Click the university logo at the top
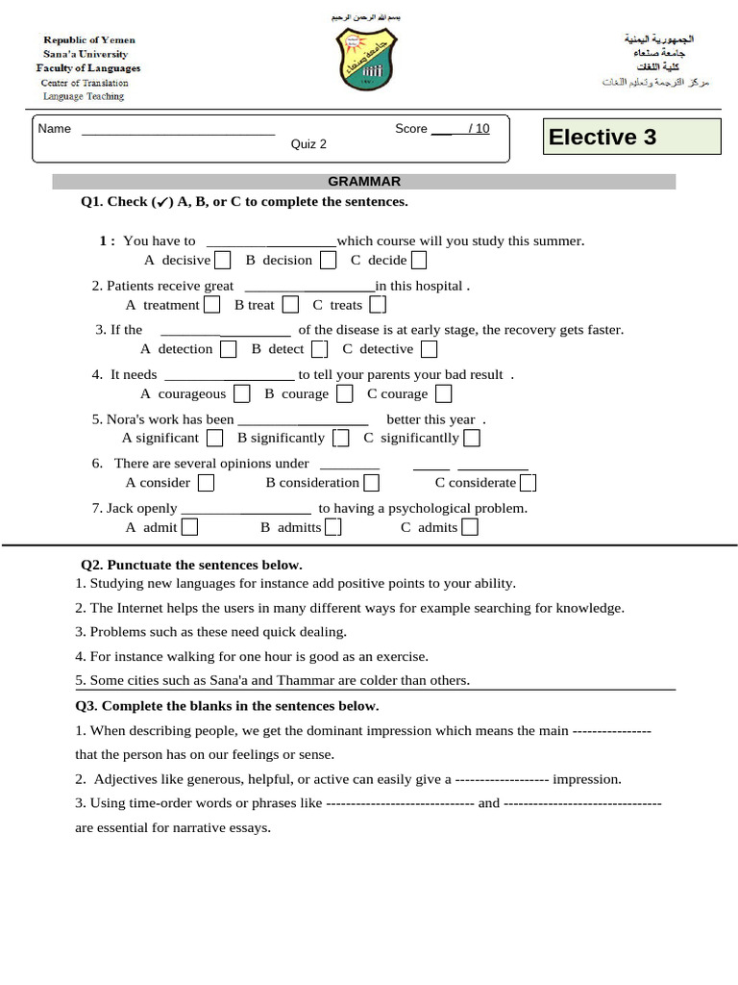click(366, 60)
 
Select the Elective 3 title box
click(631, 137)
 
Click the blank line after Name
click(179, 130)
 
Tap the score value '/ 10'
click(478, 129)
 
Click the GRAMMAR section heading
click(364, 181)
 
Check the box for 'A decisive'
click(222, 260)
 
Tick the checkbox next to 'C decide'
click(418, 260)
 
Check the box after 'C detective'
click(429, 349)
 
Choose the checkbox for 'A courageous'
click(242, 393)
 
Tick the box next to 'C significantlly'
click(471, 439)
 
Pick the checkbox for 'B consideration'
click(371, 483)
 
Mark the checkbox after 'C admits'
click(470, 527)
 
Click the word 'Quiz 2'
click(308, 144)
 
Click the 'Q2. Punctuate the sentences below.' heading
click(191, 565)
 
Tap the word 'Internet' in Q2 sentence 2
click(141, 608)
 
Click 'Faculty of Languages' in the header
click(88, 68)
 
